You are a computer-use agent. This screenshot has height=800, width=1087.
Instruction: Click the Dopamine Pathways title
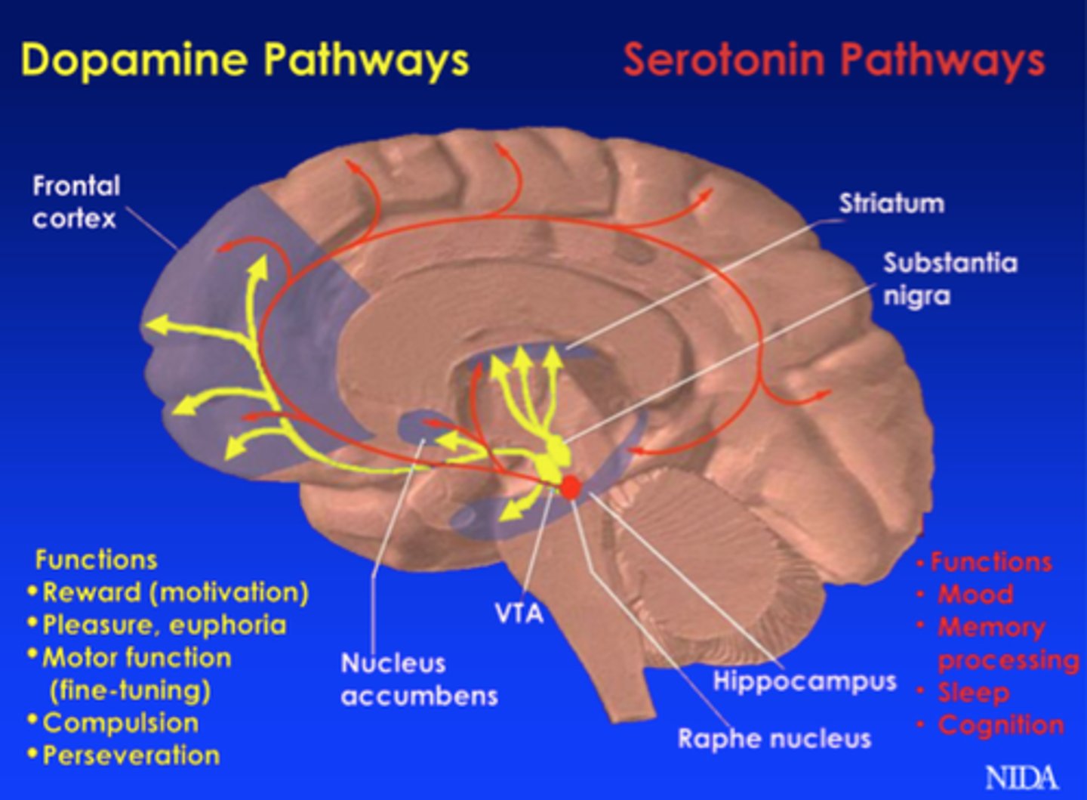pos(245,60)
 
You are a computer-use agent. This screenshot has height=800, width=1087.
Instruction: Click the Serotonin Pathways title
pos(833,60)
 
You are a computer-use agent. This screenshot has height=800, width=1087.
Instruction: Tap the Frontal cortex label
pos(75,202)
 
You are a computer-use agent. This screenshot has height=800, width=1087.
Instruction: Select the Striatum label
pos(891,203)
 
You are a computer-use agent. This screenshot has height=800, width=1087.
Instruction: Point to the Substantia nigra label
pos(950,279)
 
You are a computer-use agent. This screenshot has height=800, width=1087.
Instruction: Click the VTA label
pos(519,613)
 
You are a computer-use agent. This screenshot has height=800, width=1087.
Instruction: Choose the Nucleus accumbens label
pos(419,679)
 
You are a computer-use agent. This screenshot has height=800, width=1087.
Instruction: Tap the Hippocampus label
pos(805,681)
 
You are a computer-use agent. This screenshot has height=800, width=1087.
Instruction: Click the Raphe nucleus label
pos(774,738)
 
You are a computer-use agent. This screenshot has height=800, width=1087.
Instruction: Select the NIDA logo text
pos(1021,777)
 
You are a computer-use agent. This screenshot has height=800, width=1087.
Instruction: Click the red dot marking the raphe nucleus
pos(570,487)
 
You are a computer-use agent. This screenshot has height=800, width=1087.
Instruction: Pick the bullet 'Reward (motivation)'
pos(175,592)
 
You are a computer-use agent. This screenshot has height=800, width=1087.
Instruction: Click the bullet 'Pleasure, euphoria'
pos(165,625)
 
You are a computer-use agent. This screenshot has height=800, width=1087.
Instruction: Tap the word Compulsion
pos(121,723)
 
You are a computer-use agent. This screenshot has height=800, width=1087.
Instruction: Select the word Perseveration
pos(131,755)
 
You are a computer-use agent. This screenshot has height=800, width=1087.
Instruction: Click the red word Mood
pos(975,595)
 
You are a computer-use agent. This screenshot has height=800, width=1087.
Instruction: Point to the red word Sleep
pos(973,692)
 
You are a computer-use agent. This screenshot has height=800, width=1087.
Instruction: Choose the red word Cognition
pos(1001,725)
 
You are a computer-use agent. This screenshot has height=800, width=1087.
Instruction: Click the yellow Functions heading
pos(97,560)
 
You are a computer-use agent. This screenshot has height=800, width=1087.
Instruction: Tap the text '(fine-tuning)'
pos(130,690)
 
